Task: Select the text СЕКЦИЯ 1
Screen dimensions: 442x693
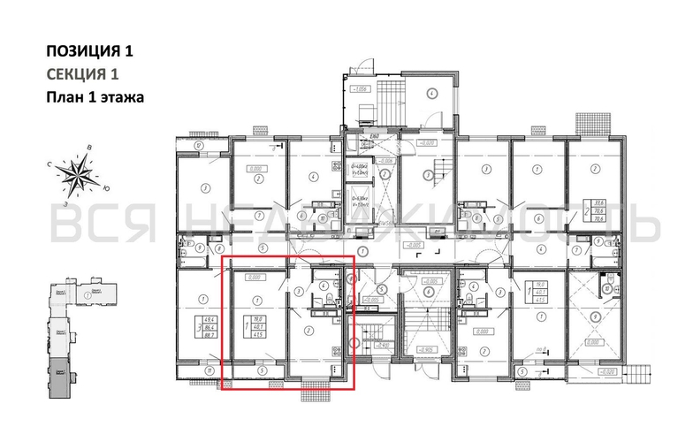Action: (x=81, y=73)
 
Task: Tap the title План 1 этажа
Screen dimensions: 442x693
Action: (x=94, y=96)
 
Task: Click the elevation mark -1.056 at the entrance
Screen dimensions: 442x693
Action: (x=361, y=89)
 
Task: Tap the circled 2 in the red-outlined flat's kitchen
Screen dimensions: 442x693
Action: (x=306, y=331)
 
